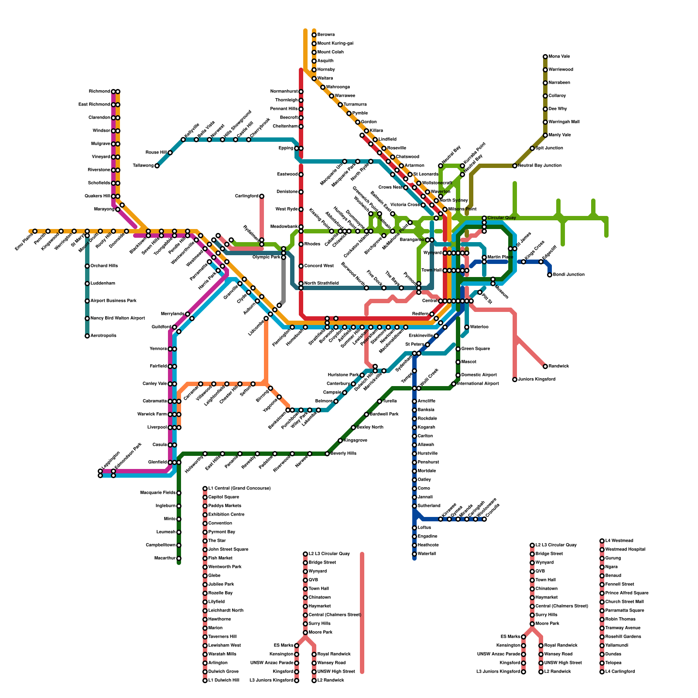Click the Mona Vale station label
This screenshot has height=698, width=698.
(x=559, y=57)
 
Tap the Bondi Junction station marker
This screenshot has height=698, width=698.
(x=550, y=275)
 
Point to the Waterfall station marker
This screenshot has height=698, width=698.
(x=414, y=554)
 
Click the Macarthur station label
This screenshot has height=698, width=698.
(x=164, y=558)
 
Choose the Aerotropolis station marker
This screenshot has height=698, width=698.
(x=87, y=336)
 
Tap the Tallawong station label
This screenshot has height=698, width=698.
(x=143, y=166)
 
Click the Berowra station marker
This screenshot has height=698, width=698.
(x=314, y=35)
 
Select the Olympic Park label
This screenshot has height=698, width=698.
(x=266, y=257)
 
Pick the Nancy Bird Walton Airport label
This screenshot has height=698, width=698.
(x=117, y=318)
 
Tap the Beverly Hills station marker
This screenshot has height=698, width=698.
(x=327, y=454)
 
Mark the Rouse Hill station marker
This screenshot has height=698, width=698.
(x=170, y=153)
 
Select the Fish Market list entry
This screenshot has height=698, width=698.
(x=220, y=558)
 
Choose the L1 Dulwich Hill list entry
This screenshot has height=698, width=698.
(x=223, y=681)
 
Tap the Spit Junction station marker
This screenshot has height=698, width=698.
(x=532, y=148)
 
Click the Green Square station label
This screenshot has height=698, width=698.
(x=476, y=349)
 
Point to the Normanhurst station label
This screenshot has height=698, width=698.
(x=284, y=92)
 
